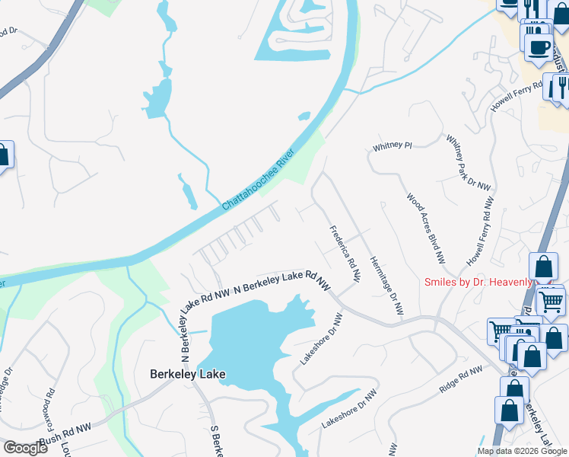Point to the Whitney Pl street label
[x=392, y=145]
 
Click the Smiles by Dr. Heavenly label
[x=478, y=283]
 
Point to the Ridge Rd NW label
[x=461, y=379]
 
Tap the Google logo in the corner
[x=24, y=448]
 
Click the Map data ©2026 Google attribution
[x=522, y=451]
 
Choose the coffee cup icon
[x=539, y=47]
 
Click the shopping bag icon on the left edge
[x=4, y=156]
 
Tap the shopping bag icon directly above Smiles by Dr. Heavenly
[x=543, y=267]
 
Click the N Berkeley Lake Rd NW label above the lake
[x=282, y=280]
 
